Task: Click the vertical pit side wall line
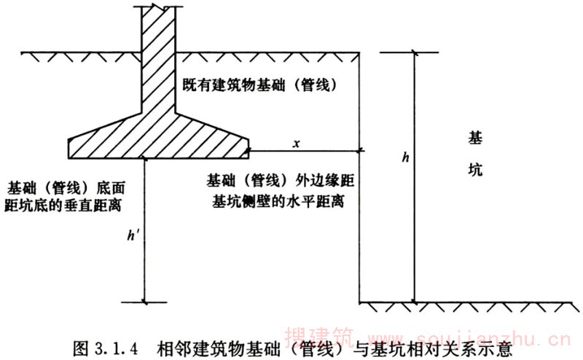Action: point(361,219)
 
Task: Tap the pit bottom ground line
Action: point(466,302)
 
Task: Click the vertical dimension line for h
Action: point(414,219)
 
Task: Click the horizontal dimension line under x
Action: point(306,152)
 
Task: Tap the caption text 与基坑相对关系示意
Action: point(431,345)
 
